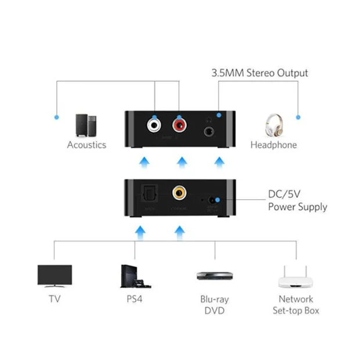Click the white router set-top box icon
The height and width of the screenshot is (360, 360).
pos(296,278)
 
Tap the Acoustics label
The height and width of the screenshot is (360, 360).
pos(87,145)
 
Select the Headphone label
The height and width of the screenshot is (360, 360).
pos(273,145)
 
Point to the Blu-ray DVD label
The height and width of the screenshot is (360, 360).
pos(215,305)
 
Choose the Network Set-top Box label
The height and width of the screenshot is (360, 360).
pos(296,305)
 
